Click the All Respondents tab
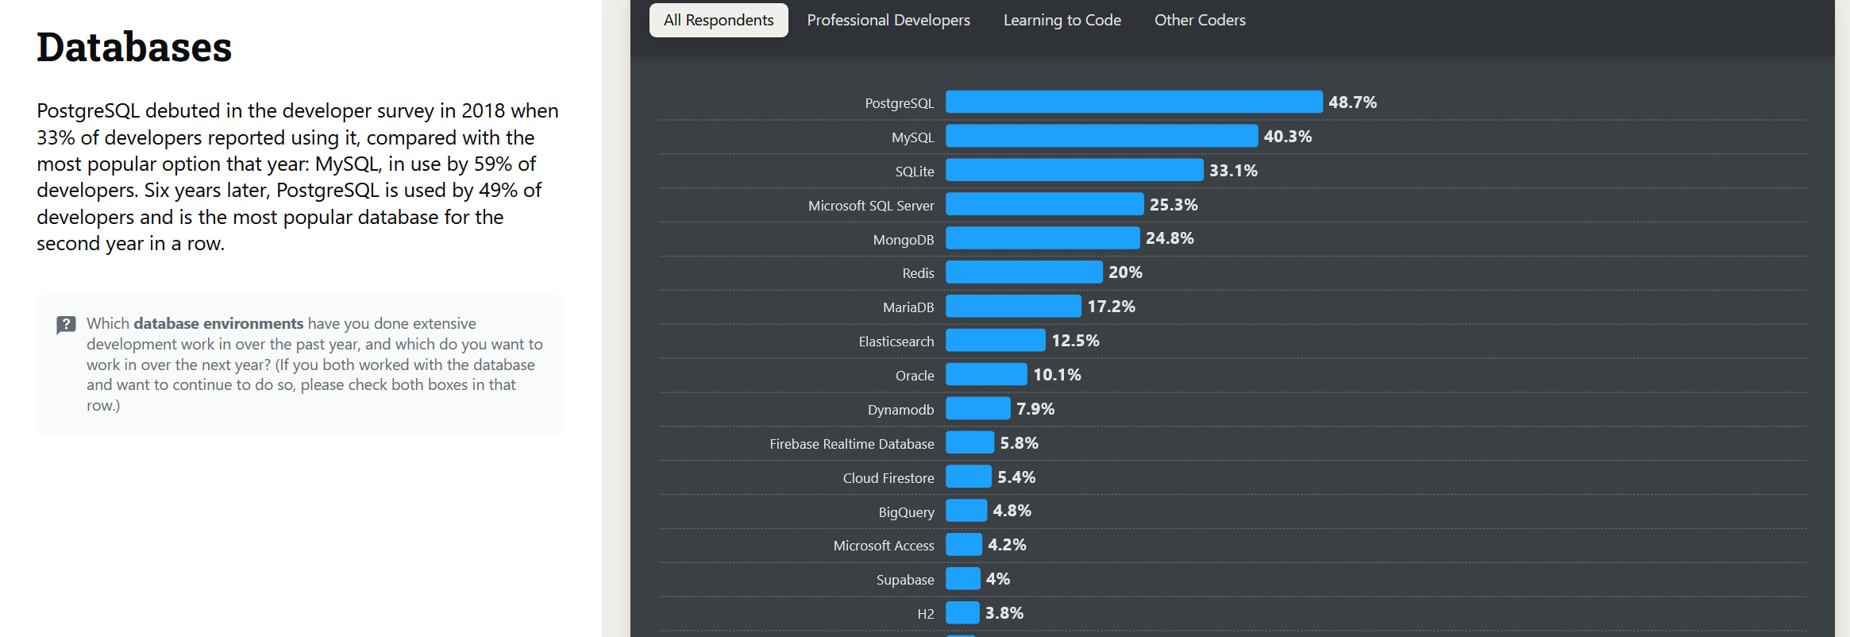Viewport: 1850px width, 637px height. [719, 20]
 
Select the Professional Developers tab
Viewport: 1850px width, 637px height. [888, 20]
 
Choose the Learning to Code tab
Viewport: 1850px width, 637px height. [1062, 20]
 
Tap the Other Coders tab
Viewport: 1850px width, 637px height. [1200, 20]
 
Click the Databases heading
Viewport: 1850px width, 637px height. [134, 47]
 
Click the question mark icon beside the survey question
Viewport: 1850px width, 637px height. [66, 325]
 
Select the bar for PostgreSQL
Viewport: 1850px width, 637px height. [1134, 102]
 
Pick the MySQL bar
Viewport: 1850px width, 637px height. [1101, 136]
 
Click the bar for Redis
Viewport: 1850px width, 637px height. [1023, 272]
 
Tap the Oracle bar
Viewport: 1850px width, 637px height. [986, 374]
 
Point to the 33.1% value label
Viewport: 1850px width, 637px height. [1233, 171]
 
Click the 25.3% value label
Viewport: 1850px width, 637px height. [1174, 205]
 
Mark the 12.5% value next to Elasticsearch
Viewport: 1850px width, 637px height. [1075, 341]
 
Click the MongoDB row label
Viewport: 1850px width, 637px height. [903, 240]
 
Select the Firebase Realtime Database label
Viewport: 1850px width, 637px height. [851, 444]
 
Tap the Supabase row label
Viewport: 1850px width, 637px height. [904, 580]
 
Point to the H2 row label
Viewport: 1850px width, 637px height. [925, 614]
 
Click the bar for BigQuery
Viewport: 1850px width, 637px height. [966, 510]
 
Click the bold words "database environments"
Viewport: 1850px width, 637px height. [218, 323]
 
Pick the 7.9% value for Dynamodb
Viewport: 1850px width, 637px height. [1035, 409]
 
